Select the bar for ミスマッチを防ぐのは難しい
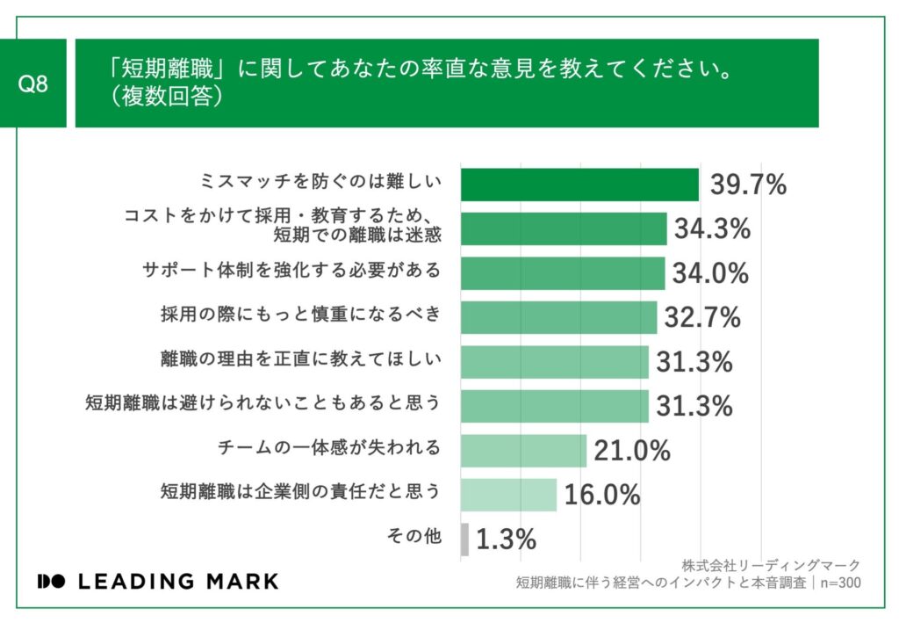click(579, 185)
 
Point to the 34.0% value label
click(710, 273)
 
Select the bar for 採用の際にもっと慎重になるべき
click(558, 317)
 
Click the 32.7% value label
click(702, 317)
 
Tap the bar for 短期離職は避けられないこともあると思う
click(554, 406)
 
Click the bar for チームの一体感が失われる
click(523, 450)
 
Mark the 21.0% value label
click(632, 451)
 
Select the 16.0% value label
click(602, 495)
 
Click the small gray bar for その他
click(464, 539)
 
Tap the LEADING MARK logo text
click(158, 582)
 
